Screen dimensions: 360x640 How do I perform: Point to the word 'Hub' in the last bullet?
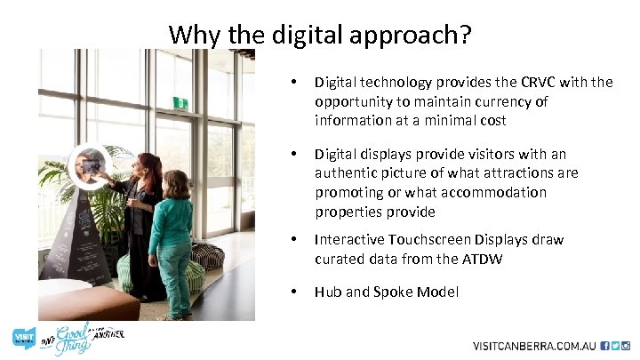pos(327,292)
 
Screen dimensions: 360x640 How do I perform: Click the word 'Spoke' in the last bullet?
pos(391,292)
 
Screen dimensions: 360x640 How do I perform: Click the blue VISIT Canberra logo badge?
pos(23,338)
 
